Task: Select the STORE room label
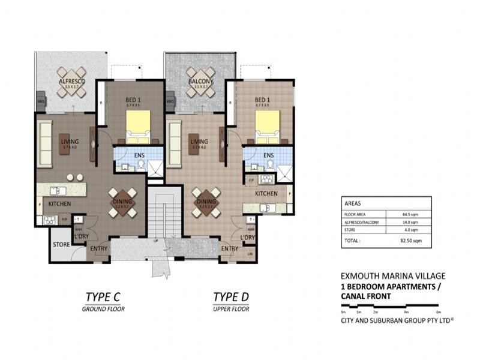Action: tap(62, 245)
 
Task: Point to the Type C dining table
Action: tap(122, 202)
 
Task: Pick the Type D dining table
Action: tap(206, 202)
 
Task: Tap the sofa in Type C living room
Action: tap(45, 143)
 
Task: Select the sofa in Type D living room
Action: tap(175, 143)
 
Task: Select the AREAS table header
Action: tap(353, 203)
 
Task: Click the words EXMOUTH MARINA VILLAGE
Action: tap(392, 276)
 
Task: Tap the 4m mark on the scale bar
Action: tap(406, 312)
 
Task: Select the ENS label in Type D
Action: tap(268, 155)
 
